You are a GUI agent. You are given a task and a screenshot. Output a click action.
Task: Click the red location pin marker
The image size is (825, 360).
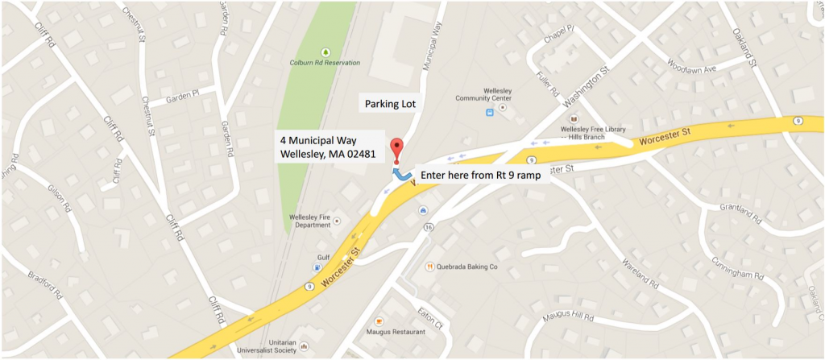click(x=396, y=148)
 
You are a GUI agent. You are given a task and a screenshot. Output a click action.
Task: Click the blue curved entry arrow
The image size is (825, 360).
click(x=400, y=173)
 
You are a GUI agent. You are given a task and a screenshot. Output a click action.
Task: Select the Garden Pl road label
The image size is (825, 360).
click(x=182, y=99)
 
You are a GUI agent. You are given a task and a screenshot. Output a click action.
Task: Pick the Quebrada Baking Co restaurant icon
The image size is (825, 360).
click(x=431, y=266)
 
